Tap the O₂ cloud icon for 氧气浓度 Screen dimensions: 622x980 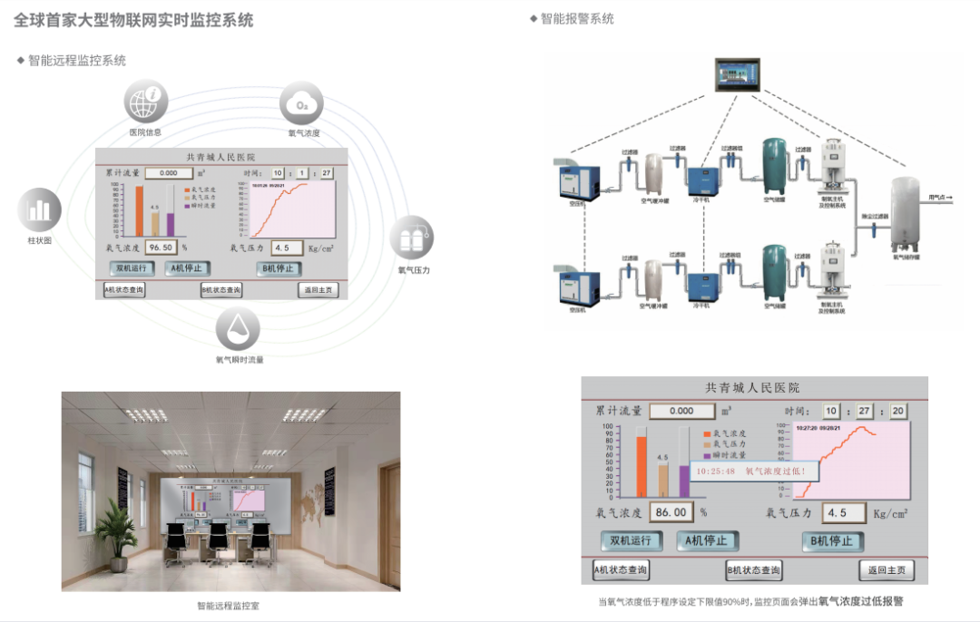point(302,105)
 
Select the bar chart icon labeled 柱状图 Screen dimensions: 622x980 point(39,210)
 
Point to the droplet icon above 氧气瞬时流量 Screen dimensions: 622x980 point(238,327)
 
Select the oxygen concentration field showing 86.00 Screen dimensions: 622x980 point(671,512)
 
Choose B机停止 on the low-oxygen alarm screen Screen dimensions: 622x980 point(832,541)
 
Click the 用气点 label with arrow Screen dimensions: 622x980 point(939,196)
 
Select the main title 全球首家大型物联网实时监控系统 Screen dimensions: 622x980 point(134,20)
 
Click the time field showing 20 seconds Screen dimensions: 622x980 point(897,411)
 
